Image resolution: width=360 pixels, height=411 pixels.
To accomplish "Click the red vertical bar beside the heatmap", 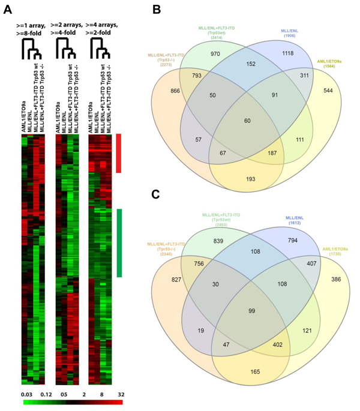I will (x=119, y=154).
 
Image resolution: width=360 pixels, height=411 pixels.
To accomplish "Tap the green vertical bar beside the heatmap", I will (x=119, y=242).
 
